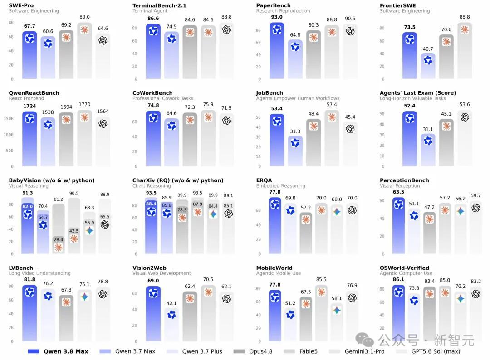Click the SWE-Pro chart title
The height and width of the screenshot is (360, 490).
tap(21, 5)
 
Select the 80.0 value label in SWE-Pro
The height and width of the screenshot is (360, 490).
tap(84, 17)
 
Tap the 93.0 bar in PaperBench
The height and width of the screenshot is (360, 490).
tap(277, 50)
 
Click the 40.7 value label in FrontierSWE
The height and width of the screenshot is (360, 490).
tap(428, 49)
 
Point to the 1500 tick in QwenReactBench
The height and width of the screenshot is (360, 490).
tap(9, 119)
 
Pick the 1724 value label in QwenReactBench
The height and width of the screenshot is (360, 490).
tap(29, 106)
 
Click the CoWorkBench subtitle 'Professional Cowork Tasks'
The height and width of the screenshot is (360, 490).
tap(163, 98)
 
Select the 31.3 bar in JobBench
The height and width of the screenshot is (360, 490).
tap(295, 151)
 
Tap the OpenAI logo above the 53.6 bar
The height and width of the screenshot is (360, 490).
tap(465, 117)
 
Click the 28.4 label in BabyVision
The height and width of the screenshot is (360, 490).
tap(59, 239)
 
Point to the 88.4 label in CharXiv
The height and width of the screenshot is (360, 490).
tap(151, 204)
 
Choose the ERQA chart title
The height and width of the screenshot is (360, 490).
tap(264, 180)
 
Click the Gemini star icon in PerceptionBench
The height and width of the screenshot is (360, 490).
tap(461, 211)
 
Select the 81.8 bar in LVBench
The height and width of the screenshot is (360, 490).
tap(29, 313)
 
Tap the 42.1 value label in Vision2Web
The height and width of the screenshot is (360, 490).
tap(171, 303)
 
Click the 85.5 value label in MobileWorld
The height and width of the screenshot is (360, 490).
tap(321, 279)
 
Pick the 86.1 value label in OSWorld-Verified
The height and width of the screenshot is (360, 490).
tap(398, 279)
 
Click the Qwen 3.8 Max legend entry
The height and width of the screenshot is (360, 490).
tap(58, 351)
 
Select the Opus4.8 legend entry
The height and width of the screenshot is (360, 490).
tap(253, 351)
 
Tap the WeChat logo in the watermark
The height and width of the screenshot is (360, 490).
tap(365, 340)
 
